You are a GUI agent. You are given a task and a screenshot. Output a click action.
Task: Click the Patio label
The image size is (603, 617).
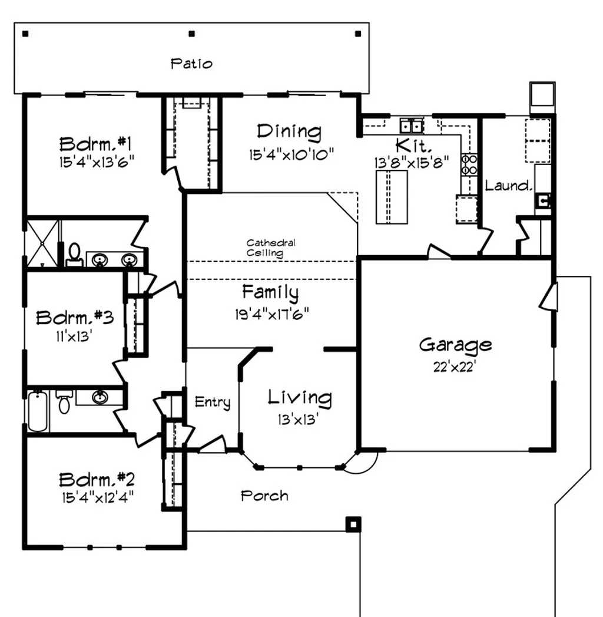coord(191,63)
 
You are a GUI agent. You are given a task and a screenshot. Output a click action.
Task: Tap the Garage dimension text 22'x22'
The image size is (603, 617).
coord(455,367)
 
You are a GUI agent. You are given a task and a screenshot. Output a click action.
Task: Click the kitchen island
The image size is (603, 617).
coord(392,196)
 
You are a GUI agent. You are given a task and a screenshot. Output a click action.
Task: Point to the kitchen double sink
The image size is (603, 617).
coord(412,126)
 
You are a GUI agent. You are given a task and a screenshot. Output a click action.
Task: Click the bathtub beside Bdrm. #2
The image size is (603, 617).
coord(37,411)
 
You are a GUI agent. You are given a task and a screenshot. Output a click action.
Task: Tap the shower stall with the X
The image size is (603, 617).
coord(42,243)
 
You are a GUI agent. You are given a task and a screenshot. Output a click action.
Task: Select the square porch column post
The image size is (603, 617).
coord(353,524)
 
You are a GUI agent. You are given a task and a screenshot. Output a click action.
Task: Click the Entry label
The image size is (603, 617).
coord(213,402)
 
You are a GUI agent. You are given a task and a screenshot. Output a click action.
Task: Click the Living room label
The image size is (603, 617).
coord(300,398)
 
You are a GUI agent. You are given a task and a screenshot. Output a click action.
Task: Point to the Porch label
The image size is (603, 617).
coord(264,496)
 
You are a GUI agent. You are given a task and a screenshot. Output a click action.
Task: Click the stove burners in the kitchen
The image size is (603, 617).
coord(469,164)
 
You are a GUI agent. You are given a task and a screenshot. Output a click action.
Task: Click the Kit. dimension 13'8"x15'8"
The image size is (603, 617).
coord(412,160)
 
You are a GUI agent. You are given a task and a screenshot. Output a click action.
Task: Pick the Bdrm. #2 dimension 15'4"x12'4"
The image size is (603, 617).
coord(97,497)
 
